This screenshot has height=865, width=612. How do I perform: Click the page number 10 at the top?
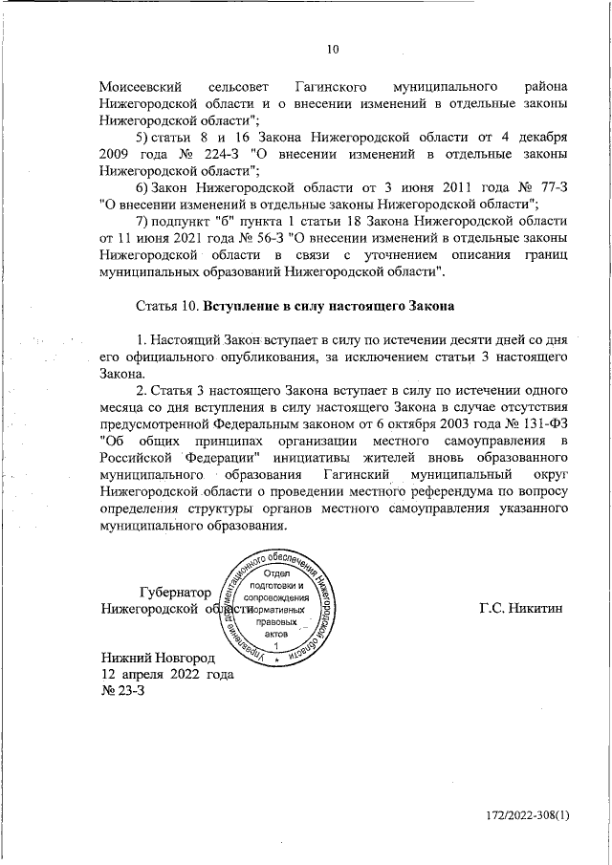333,51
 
